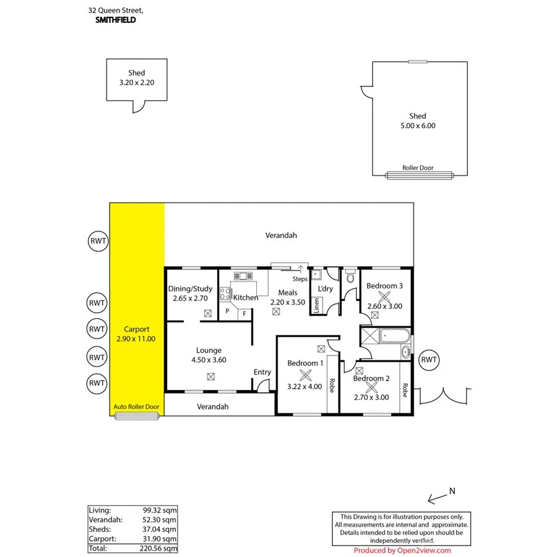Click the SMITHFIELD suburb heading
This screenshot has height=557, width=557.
[x=116, y=20]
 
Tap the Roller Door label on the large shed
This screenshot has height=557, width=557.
[x=418, y=168]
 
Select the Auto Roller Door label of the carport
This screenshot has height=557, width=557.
[x=136, y=407]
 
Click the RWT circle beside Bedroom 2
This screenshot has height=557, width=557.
[x=429, y=360]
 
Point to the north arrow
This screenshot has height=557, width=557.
[x=441, y=494]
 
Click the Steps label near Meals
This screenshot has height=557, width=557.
[x=300, y=279]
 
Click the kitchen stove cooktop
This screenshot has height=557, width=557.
[x=225, y=294]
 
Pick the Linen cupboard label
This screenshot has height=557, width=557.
[x=317, y=305]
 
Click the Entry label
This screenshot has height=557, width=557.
[x=262, y=372]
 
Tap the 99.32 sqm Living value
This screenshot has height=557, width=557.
[x=160, y=510]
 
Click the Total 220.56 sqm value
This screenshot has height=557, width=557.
[x=160, y=548]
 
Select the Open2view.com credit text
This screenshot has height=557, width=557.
[x=402, y=550]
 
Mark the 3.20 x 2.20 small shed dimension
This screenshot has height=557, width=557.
[x=136, y=82]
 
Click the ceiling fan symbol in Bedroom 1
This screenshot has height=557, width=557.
[x=304, y=374]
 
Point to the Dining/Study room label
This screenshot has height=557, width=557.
[x=191, y=288]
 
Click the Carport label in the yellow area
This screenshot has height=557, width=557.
[x=136, y=329]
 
